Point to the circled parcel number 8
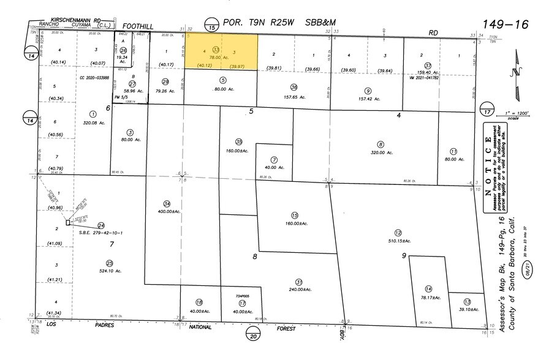(x=381, y=144)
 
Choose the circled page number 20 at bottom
(x=252, y=334)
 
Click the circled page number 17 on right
(x=488, y=113)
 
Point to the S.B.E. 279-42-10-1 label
(x=101, y=233)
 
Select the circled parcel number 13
(x=467, y=302)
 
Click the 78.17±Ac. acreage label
(x=430, y=298)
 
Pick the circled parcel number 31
(x=299, y=282)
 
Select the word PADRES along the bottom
(x=105, y=325)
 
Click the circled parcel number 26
(x=123, y=50)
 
